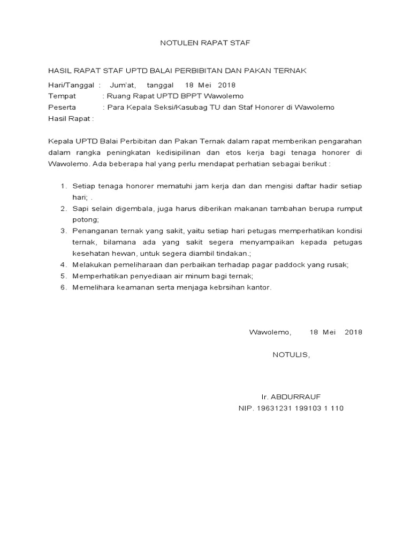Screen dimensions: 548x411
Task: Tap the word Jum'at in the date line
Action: point(123,85)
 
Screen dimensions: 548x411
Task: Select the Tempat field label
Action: point(62,96)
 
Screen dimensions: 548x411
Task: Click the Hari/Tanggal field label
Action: point(71,85)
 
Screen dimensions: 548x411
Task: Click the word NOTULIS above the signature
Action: point(290,354)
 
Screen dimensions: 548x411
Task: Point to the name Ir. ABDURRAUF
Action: point(291,397)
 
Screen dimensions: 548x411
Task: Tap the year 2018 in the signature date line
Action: point(353,332)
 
